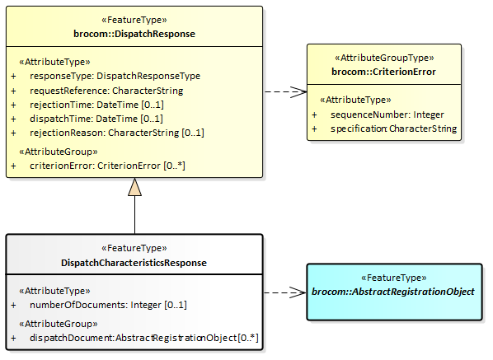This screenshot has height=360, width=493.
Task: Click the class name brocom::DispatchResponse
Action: [134, 34]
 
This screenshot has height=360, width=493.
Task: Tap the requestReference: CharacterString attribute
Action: [106, 91]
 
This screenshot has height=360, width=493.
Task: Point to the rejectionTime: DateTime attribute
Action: [96, 105]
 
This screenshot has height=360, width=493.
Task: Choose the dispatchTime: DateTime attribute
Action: [96, 119]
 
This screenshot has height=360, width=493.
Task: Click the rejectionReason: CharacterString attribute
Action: [117, 133]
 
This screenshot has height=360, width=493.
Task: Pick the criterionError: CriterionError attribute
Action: [107, 166]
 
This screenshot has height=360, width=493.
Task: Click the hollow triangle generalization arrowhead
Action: [134, 187]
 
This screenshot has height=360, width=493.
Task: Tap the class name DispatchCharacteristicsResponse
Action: [134, 263]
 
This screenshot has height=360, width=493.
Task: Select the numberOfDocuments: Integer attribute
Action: [108, 305]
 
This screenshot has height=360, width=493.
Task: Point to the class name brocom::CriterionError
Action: [383, 72]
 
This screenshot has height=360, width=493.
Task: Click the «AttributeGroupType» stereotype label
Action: [384, 58]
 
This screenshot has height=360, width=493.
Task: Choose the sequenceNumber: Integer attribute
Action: [387, 115]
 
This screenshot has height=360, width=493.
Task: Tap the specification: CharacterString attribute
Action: [393, 129]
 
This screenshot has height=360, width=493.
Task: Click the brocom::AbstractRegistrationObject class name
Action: [393, 292]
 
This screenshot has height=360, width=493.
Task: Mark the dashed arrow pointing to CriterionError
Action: [285, 91]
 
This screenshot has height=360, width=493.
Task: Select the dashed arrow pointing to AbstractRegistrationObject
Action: [285, 292]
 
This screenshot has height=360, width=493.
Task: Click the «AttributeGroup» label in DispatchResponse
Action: [59, 152]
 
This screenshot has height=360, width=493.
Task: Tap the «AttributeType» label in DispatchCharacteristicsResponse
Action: [54, 291]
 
